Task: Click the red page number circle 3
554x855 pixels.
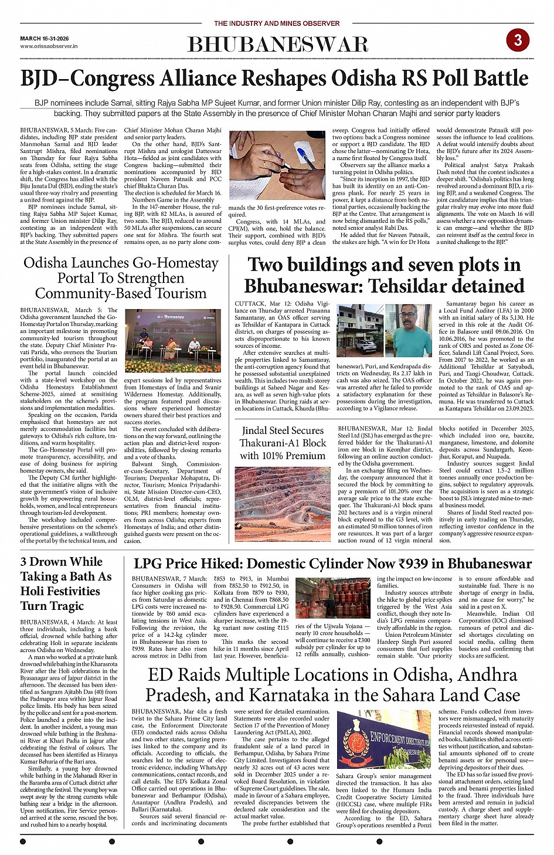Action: click(518, 40)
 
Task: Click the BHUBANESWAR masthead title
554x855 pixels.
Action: click(277, 45)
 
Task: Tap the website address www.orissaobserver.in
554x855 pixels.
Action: click(49, 46)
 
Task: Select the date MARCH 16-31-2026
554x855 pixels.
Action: click(45, 38)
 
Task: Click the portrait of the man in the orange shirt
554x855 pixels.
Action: click(414, 331)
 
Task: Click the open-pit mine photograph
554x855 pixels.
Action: click(283, 504)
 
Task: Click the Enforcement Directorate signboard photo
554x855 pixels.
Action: click(383, 740)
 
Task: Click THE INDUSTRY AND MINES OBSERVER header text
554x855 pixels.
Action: click(277, 23)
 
